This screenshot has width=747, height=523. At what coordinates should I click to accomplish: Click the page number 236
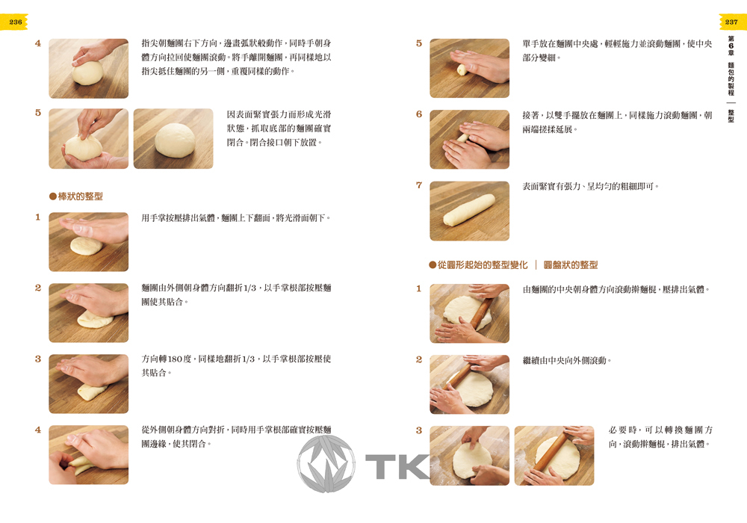click(15, 22)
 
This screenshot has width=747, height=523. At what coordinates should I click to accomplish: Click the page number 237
click(731, 22)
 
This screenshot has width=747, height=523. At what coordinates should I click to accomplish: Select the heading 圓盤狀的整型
click(570, 264)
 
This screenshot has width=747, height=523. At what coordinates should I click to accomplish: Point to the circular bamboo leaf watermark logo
click(326, 463)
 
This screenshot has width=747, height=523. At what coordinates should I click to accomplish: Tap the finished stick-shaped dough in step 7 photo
click(469, 210)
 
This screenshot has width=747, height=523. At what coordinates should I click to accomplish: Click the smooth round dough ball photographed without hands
click(175, 140)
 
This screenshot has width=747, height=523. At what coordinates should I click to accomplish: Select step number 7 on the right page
click(419, 185)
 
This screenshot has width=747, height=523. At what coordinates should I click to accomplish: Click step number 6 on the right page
click(419, 114)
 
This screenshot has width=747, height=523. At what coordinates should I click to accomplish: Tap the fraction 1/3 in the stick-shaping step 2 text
click(249, 288)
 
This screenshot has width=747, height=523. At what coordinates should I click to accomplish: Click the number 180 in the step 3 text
click(175, 359)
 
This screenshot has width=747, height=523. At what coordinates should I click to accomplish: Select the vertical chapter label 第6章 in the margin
click(731, 46)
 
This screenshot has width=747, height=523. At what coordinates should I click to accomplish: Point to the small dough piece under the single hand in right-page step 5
click(461, 69)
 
